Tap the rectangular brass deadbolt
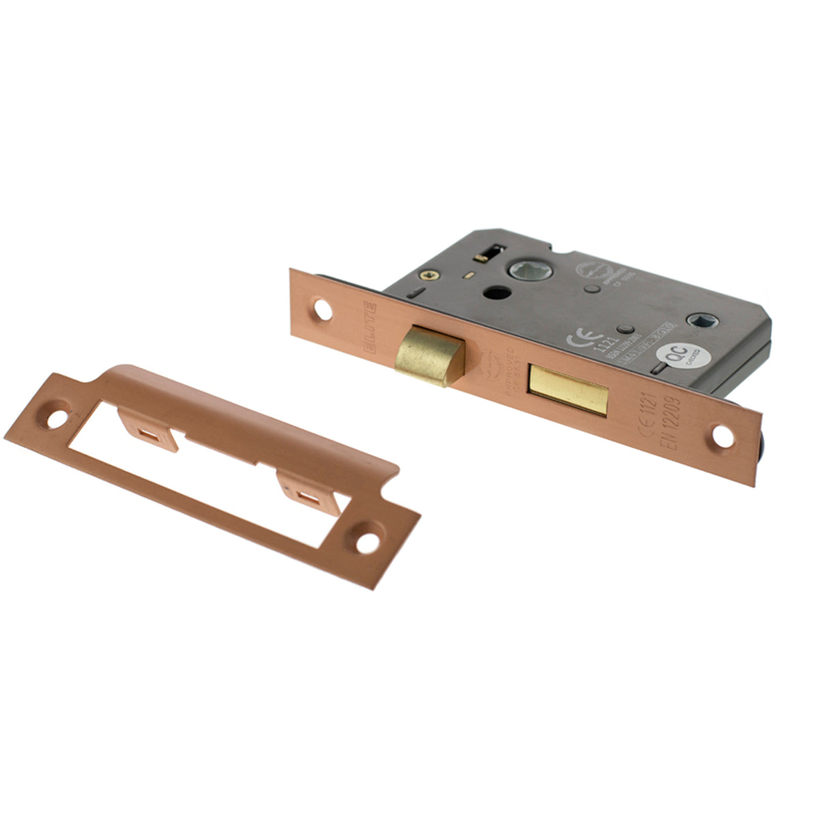[x=568, y=390]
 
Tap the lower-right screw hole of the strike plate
[x=367, y=543]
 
